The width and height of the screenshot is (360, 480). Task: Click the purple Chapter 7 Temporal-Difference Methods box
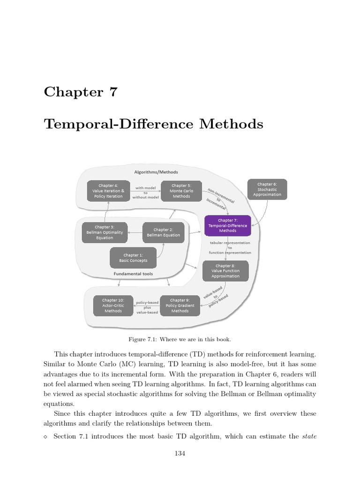(x=228, y=225)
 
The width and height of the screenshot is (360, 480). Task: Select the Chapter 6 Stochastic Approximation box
(x=267, y=189)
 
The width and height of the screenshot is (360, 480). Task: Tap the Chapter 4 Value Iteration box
(x=108, y=191)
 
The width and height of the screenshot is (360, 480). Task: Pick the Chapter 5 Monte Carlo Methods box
(x=181, y=191)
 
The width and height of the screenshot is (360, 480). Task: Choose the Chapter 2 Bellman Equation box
(x=163, y=232)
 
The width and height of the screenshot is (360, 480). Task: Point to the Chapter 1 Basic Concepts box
(x=133, y=258)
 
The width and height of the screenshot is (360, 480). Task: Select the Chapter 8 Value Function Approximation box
(x=225, y=271)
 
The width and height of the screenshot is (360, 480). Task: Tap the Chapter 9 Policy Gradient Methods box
(x=180, y=306)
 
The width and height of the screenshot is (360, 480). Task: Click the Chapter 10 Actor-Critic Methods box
(x=113, y=306)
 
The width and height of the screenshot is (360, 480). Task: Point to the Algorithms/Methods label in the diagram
(x=156, y=172)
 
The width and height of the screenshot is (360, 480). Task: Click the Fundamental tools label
(x=133, y=274)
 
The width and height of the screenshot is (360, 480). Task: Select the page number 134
(x=180, y=453)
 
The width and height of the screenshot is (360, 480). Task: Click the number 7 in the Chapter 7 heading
(x=112, y=92)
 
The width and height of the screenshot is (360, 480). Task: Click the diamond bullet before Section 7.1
(x=45, y=437)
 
